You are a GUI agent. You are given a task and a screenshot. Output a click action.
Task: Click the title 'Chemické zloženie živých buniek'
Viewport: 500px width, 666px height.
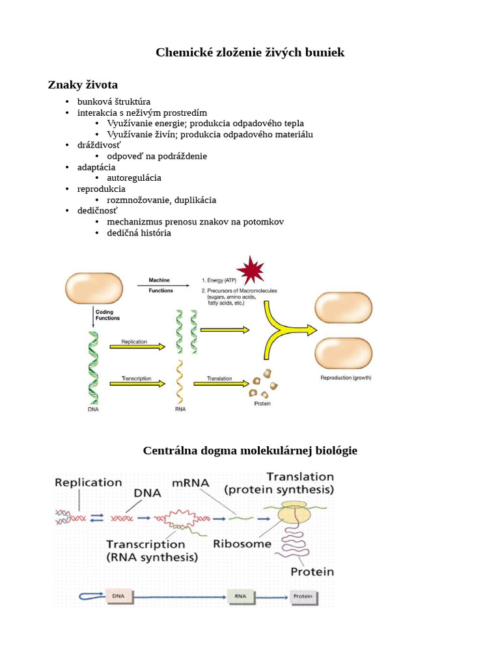click(x=250, y=53)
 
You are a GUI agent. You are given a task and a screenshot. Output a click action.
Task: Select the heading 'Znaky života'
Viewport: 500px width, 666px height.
click(x=83, y=85)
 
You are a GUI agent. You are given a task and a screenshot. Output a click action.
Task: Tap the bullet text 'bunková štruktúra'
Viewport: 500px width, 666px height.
click(x=114, y=101)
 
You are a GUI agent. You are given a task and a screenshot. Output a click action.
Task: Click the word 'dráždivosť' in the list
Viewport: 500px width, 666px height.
click(x=99, y=145)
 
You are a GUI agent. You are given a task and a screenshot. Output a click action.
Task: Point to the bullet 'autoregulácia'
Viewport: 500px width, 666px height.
click(x=134, y=178)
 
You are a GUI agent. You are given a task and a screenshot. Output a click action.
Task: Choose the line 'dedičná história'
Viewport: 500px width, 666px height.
click(x=139, y=233)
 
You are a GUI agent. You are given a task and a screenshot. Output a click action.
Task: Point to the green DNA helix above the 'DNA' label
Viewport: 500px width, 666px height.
click(x=94, y=367)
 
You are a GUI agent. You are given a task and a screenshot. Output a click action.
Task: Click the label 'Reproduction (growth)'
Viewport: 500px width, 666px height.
click(x=345, y=378)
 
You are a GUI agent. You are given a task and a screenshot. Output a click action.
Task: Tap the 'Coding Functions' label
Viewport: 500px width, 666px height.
click(x=108, y=316)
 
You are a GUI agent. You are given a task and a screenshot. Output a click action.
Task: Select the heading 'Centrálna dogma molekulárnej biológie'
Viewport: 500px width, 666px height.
click(x=250, y=450)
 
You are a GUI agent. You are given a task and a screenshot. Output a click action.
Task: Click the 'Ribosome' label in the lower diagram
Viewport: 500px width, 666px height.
click(x=242, y=544)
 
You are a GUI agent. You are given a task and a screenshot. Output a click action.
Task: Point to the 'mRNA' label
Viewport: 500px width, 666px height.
click(x=191, y=483)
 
